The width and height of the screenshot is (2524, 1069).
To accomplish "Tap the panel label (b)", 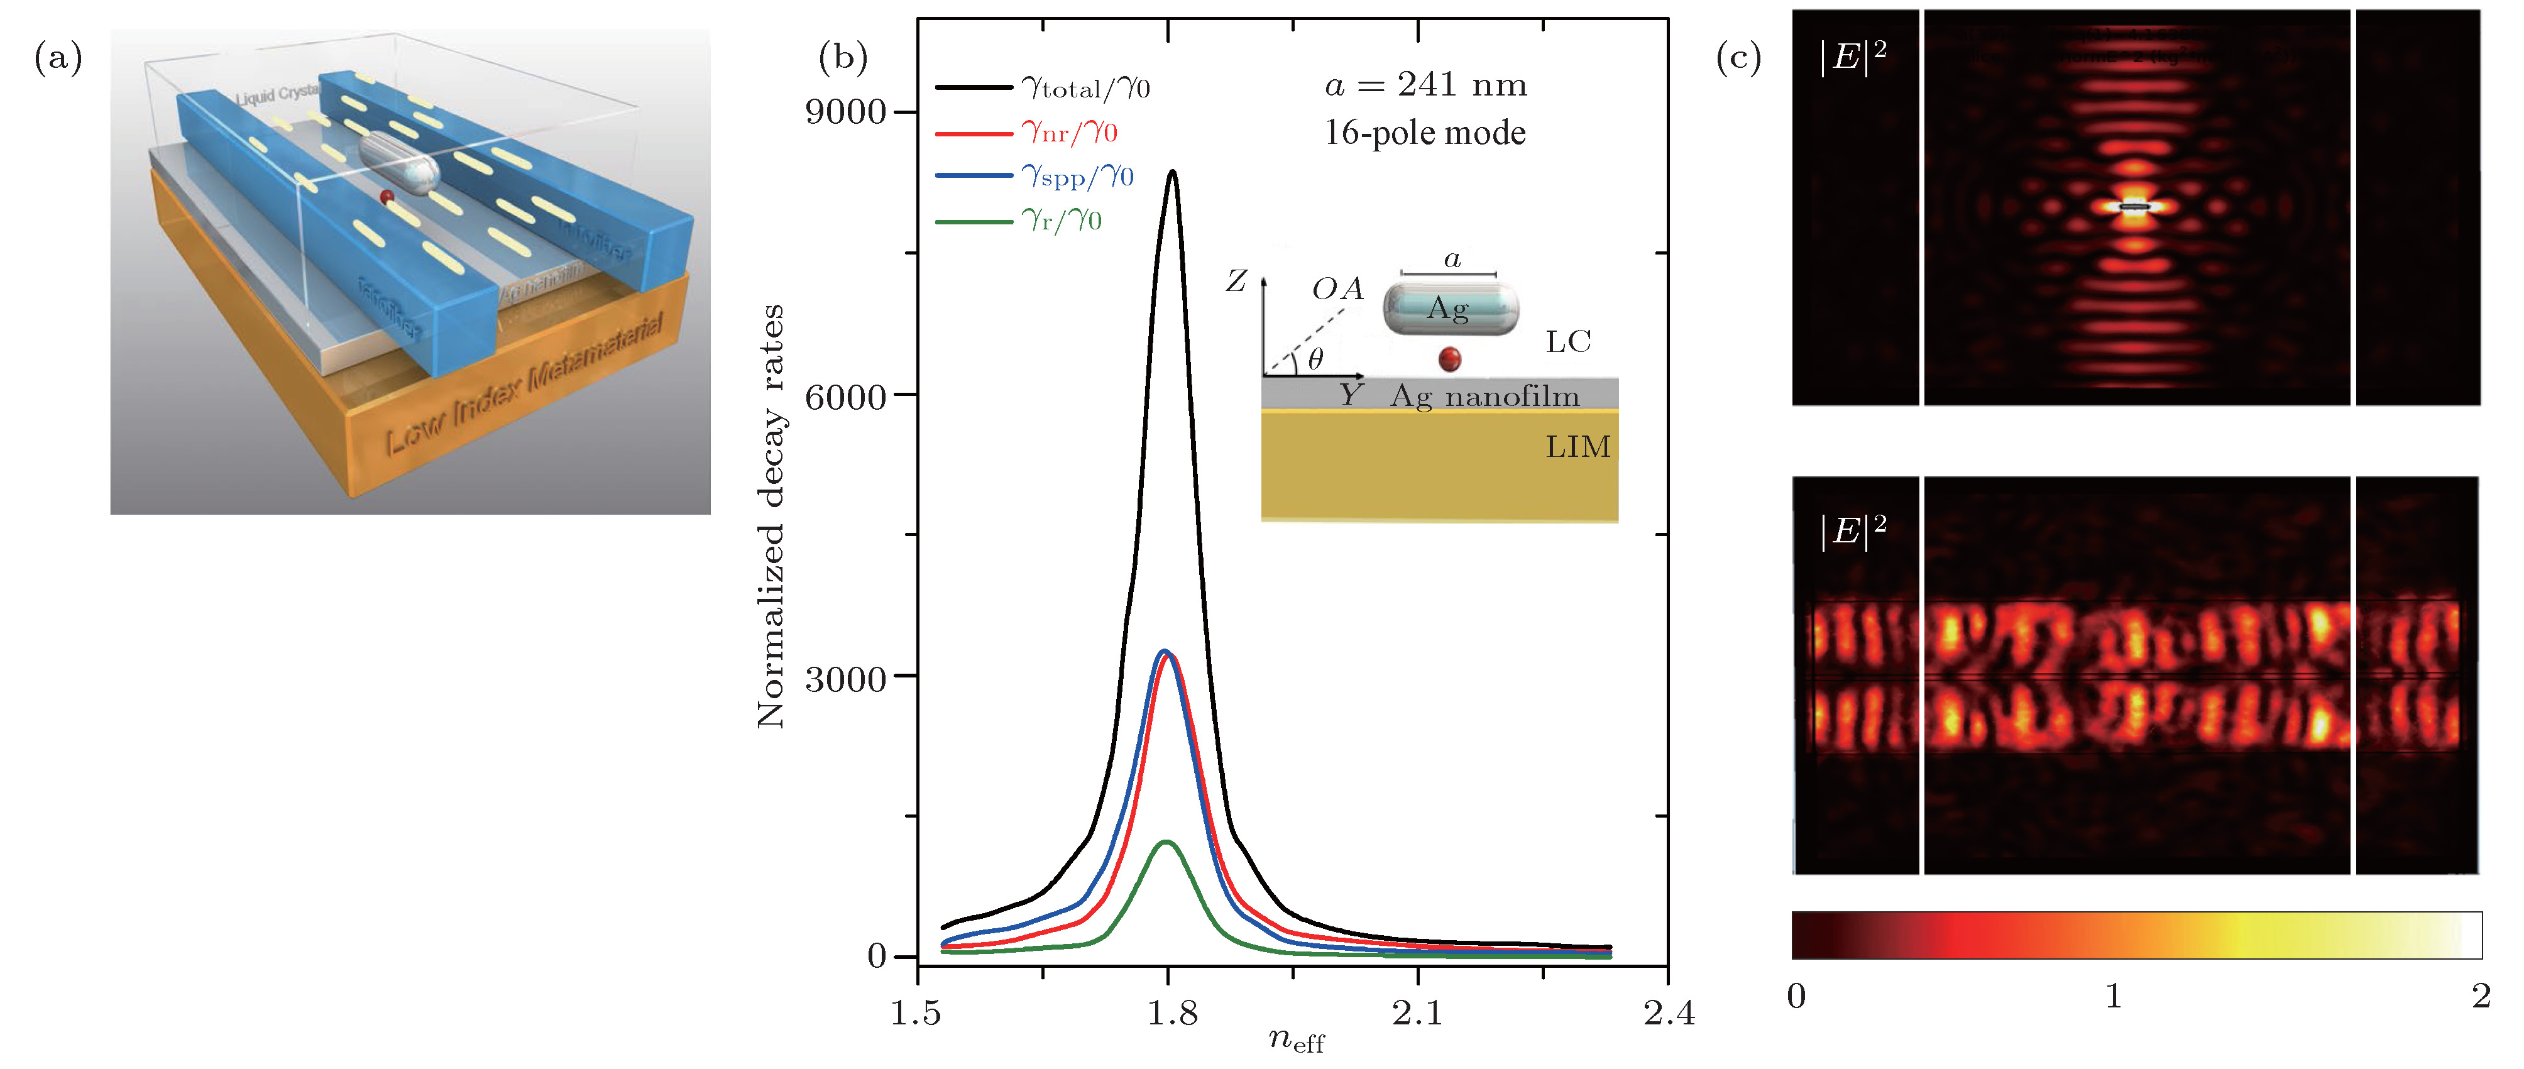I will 843,59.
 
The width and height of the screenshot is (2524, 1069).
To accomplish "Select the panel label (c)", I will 1738,59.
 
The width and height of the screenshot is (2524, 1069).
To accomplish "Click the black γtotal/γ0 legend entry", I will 1043,88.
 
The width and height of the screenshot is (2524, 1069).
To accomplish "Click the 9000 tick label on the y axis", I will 845,112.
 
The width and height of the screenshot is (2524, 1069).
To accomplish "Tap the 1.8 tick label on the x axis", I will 1172,1013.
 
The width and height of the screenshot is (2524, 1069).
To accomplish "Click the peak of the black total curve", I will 1172,172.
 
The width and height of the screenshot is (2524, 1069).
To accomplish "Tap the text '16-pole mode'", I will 1425,132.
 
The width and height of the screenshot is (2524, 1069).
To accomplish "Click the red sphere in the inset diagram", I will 1449,359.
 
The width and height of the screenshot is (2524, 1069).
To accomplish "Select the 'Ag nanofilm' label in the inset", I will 1484,396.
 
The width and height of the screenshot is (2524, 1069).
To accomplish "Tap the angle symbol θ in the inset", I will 1315,359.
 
